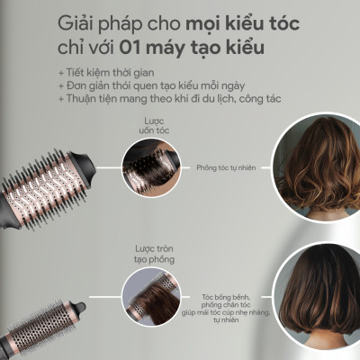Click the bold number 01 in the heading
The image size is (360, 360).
click(142, 46)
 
